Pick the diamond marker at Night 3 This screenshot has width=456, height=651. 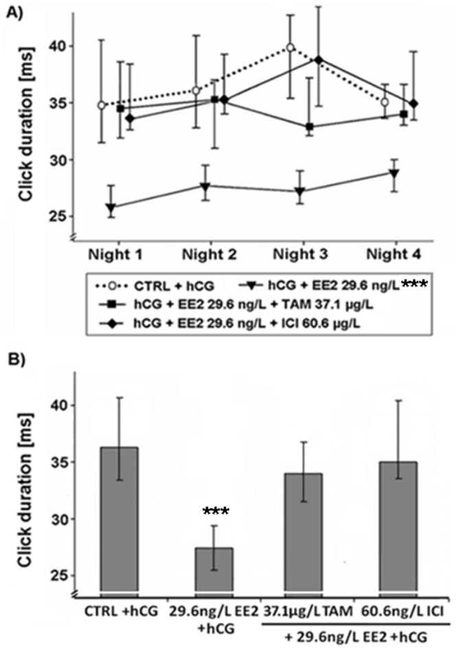pyautogui.click(x=318, y=60)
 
